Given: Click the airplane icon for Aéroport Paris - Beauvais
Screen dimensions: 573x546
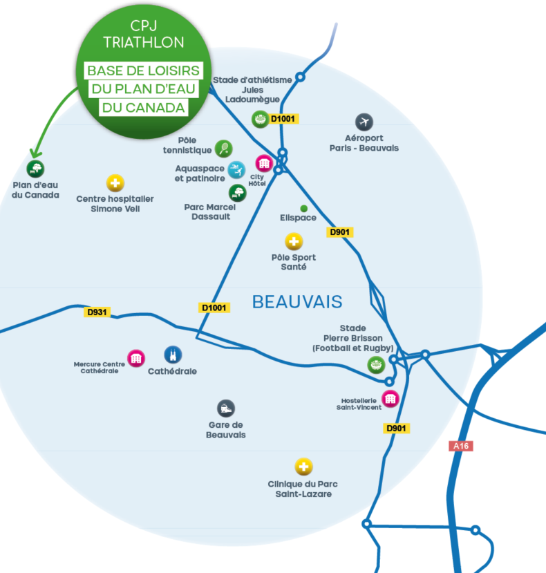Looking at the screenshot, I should tap(364, 122).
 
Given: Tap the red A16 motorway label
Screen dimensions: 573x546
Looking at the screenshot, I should tap(461, 446).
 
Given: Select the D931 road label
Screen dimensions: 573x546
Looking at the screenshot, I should tap(97, 312).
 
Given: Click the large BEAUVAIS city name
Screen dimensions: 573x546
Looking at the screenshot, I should tap(297, 302).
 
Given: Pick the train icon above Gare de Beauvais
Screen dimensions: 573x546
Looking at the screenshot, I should tap(225, 408).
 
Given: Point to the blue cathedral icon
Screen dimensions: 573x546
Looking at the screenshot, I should tap(172, 355).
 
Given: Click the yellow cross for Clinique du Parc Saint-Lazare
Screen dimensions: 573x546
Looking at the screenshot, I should tap(303, 467).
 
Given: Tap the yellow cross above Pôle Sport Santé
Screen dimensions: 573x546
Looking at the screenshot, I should tap(294, 242).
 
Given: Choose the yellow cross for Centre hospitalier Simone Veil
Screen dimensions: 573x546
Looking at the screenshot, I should tap(115, 183).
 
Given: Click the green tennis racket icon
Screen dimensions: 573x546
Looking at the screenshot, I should tap(223, 148).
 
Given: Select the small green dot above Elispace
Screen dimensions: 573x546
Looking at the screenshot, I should tap(303, 208).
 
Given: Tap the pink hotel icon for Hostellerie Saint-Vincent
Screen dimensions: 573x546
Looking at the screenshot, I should tap(390, 398).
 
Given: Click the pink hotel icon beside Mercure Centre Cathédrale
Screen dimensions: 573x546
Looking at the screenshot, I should tap(137, 357).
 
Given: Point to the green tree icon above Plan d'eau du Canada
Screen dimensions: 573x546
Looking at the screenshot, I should tap(35, 168).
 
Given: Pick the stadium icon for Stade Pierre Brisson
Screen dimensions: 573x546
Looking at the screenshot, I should tap(375, 366).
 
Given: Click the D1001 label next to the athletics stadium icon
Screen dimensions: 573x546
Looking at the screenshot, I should tap(283, 119).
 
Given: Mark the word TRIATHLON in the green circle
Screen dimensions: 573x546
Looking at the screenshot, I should tap(144, 43).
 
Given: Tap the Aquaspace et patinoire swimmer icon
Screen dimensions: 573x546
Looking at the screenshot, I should tap(236, 169).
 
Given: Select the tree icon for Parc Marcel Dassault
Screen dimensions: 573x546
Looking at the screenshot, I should tap(237, 193).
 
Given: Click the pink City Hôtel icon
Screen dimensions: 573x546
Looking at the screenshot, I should tap(263, 163).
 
